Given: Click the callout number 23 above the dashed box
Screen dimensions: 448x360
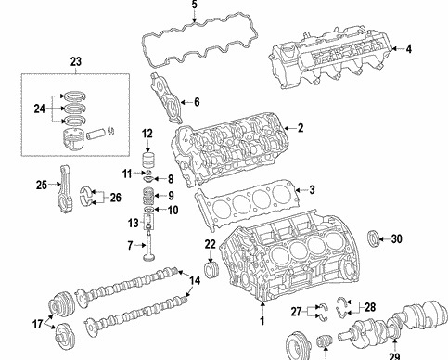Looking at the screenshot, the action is coord(76,61).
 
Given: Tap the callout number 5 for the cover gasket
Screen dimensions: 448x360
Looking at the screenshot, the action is coord(194,5).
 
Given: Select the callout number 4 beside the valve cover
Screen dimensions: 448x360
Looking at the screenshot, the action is coord(409,49).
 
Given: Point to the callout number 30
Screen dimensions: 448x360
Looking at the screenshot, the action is coord(397,238).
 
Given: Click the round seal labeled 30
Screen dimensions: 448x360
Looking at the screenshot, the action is coord(373,238).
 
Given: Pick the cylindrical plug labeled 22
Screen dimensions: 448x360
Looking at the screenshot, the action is coord(211,270).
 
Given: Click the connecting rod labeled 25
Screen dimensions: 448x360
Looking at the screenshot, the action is coord(65,189).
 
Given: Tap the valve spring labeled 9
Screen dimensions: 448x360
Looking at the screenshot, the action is coord(149,196).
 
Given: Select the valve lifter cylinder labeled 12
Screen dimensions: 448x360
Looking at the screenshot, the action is coord(148,160).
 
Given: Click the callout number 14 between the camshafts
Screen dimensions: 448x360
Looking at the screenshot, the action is coord(195,280).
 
